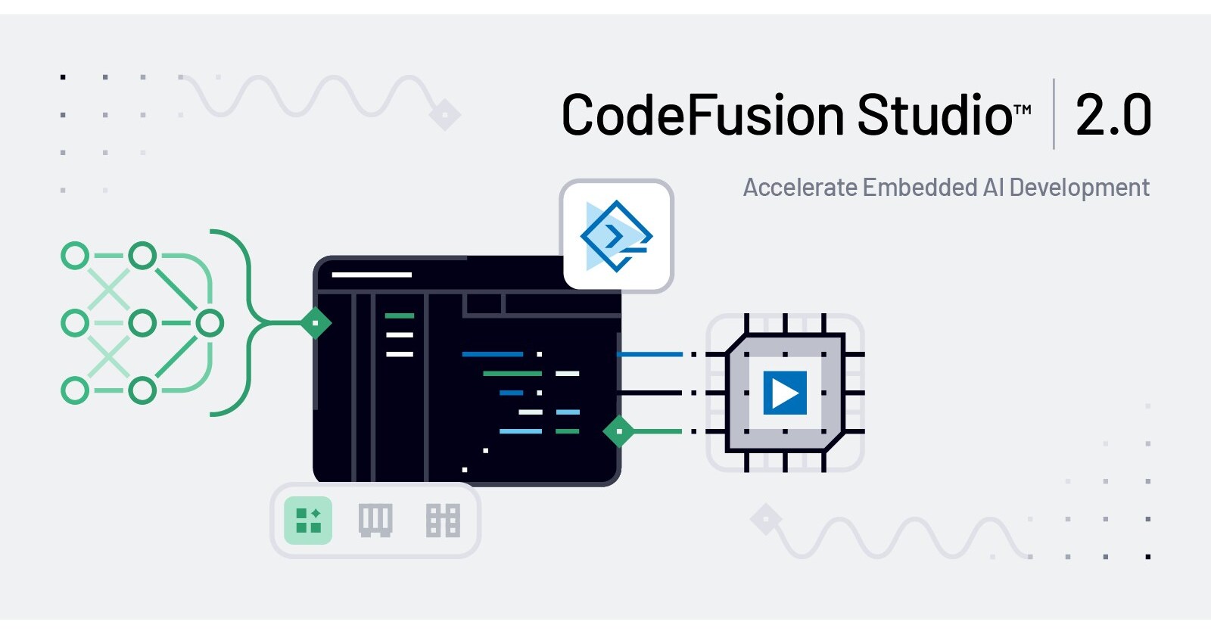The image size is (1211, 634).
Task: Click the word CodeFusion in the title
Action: click(x=702, y=116)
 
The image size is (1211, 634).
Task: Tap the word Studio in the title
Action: click(x=934, y=116)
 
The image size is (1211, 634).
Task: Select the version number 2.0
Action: click(x=1113, y=116)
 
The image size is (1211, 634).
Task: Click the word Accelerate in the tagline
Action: click(x=799, y=188)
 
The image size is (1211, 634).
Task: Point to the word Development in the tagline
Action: click(x=1079, y=188)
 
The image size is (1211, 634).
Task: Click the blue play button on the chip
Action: click(x=785, y=393)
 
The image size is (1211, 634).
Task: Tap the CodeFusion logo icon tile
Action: click(x=617, y=236)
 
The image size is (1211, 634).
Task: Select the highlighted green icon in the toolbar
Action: click(x=308, y=521)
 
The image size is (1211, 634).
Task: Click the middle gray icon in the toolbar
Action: click(x=375, y=521)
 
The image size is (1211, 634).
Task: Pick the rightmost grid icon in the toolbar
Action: click(x=443, y=521)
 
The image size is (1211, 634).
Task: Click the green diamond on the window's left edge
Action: click(x=316, y=323)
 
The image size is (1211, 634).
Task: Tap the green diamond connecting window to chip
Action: click(x=619, y=431)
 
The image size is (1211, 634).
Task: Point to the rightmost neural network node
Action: click(x=210, y=323)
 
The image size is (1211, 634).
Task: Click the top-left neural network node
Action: click(x=75, y=256)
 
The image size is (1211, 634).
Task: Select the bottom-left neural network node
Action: click(x=75, y=391)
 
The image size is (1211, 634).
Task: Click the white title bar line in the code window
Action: click(x=372, y=275)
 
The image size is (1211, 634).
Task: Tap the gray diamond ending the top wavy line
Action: click(x=445, y=116)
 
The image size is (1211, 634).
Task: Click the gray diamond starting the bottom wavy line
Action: click(x=766, y=520)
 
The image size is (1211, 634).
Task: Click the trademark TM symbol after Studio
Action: click(x=1023, y=110)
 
